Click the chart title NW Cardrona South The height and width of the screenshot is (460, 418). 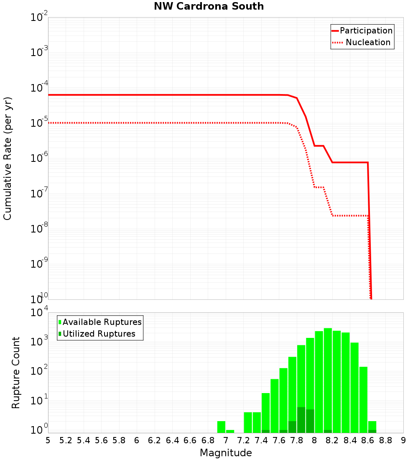[x=209, y=6]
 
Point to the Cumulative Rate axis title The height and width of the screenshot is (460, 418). [x=8, y=158]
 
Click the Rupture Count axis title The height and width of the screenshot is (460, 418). [x=16, y=372]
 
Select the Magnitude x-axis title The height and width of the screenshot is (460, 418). [x=226, y=453]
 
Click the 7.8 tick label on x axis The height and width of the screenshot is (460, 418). [x=297, y=440]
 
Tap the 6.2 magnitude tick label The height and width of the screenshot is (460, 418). [x=155, y=440]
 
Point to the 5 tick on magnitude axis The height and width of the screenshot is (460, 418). [x=48, y=440]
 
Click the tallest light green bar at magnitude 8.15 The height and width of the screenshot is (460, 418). [x=328, y=381]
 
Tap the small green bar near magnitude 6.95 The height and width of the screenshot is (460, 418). [x=221, y=427]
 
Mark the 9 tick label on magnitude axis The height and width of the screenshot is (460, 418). [x=403, y=440]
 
